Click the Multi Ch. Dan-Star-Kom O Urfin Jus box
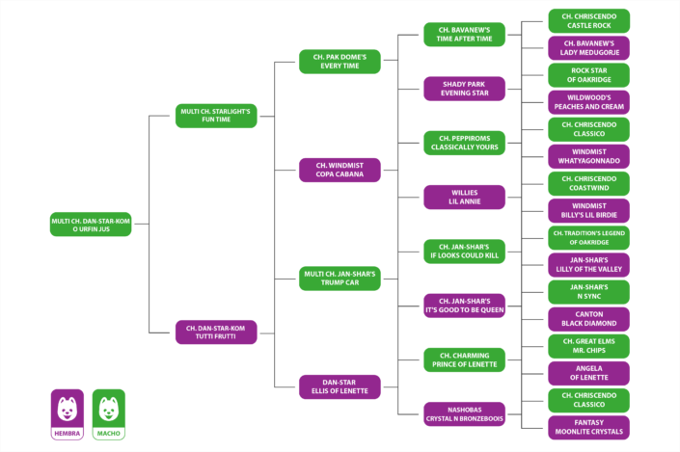point(91,225)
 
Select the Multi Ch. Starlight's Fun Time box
point(216,116)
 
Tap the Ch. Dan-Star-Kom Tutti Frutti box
point(216,332)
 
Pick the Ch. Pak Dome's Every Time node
point(340,62)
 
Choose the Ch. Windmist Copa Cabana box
point(340,170)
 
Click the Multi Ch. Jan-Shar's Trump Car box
point(340,279)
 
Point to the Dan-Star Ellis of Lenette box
point(340,386)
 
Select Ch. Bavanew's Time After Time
point(465,35)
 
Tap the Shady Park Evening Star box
point(465,89)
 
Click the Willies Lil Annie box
point(465,198)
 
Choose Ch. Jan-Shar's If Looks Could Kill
point(465,252)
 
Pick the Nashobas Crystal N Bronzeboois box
point(465,413)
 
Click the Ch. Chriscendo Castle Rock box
point(589,21)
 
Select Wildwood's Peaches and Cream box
point(589,102)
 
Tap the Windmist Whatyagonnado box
point(589,156)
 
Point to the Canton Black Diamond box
point(589,319)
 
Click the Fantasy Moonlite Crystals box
point(589,427)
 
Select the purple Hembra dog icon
point(68,414)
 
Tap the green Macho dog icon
point(109,414)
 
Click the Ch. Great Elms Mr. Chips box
point(589,346)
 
